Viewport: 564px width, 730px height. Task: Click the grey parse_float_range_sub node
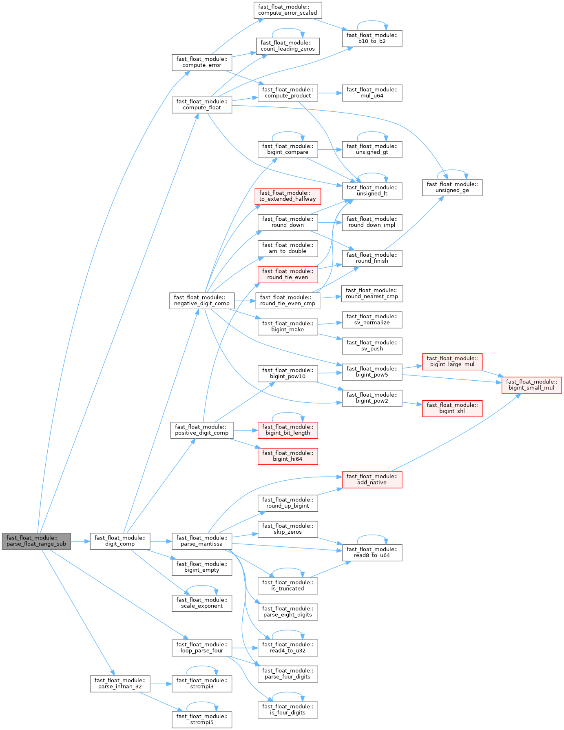point(36,541)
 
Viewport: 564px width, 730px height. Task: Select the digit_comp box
point(120,541)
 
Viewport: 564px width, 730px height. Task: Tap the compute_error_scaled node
point(288,10)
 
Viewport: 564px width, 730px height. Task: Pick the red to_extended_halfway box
point(288,196)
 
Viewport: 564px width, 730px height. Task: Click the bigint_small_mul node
point(531,385)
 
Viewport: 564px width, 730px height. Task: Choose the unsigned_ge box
point(452,187)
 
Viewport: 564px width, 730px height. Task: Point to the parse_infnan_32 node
point(120,683)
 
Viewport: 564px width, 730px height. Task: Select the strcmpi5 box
point(202,719)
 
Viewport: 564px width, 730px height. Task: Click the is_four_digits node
point(288,710)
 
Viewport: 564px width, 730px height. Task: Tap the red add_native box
point(372,479)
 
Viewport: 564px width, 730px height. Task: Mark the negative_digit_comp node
point(202,300)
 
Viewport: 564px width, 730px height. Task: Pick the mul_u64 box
point(372,93)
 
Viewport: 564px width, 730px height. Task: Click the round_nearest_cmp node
point(372,293)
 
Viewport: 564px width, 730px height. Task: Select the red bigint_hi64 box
point(288,456)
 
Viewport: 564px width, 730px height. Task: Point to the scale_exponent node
point(202,603)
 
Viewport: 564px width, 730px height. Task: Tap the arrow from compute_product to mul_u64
point(330,93)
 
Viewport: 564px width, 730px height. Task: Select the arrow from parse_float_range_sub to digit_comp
point(80,541)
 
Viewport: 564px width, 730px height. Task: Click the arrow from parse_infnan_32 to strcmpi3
point(161,684)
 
